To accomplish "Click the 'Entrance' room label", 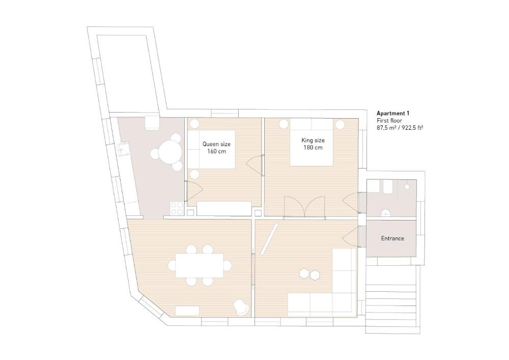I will (x=392, y=238).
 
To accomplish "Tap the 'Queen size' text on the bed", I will (x=216, y=144).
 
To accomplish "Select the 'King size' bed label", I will (x=313, y=140).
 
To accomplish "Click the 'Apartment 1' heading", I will (x=393, y=113).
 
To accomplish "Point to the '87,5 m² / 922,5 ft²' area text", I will (x=400, y=128).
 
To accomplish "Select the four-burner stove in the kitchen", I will (x=177, y=208).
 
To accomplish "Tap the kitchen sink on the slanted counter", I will (x=123, y=149).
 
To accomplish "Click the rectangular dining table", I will (x=199, y=265).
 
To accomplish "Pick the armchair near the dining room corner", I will (x=241, y=307).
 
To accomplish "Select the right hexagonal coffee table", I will (x=316, y=274).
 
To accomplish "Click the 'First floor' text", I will (x=389, y=121).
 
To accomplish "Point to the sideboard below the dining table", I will (x=187, y=311).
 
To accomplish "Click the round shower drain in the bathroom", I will (x=407, y=187).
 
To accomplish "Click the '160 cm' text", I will (x=216, y=152).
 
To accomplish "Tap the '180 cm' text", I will (x=313, y=148).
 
